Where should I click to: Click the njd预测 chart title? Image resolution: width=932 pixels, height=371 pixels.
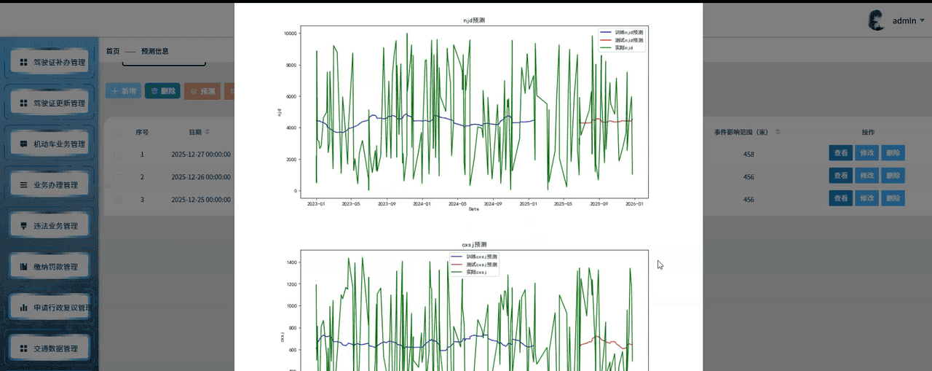pos(473,20)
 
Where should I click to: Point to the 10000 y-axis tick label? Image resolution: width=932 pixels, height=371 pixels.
pos(290,34)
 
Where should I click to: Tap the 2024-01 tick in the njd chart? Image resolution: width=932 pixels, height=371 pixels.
pos(422,204)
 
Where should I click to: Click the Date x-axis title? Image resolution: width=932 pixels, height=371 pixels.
pos(473,209)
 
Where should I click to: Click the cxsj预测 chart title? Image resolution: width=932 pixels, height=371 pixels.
pos(473,244)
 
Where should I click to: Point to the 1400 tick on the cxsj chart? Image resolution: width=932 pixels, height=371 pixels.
pos(291,262)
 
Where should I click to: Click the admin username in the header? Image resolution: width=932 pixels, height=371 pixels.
pos(904,21)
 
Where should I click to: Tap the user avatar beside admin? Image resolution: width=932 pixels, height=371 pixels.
pos(876,20)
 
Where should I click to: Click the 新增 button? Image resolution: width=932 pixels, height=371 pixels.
pos(124,91)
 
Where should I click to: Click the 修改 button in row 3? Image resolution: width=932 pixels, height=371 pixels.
pos(866,199)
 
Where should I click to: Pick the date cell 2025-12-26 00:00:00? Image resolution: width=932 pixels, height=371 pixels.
pos(201,177)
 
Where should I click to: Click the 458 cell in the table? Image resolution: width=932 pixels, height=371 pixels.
pos(749,155)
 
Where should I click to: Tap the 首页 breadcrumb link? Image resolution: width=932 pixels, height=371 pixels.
pos(113,51)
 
